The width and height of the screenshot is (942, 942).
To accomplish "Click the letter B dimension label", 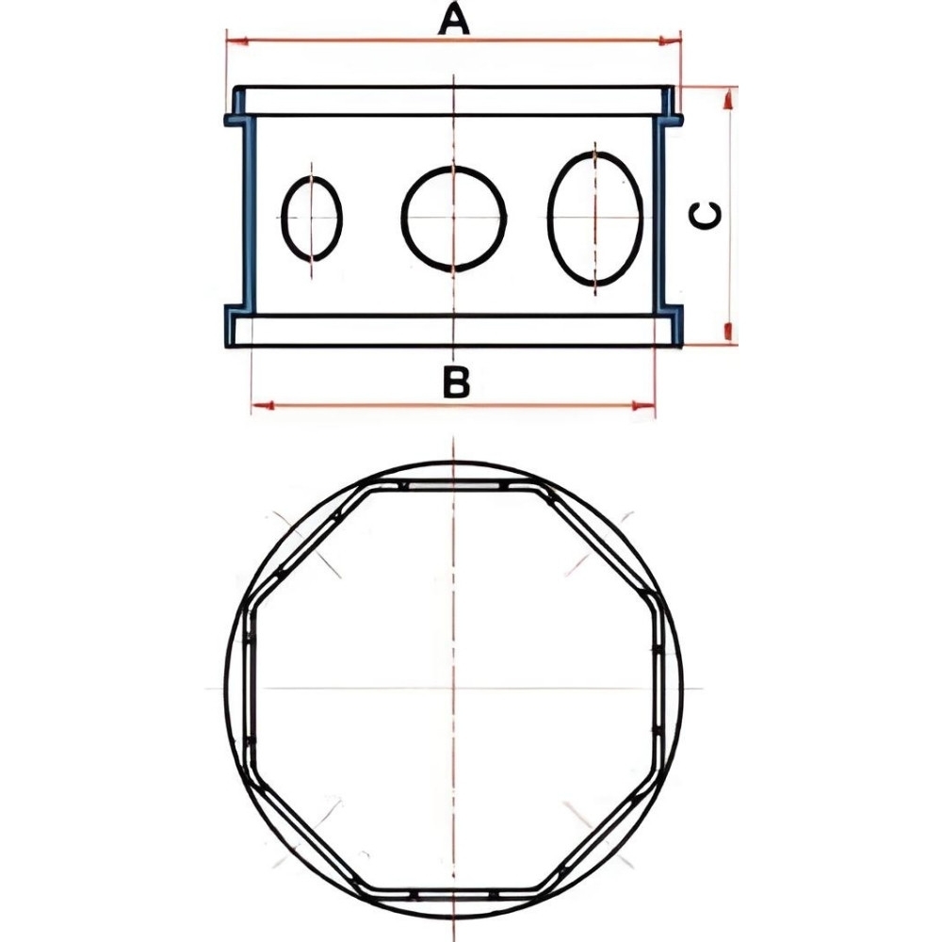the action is [x=456, y=382].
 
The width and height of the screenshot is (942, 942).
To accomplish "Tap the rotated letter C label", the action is [x=706, y=217].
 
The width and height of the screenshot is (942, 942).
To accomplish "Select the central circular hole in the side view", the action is [x=454, y=218].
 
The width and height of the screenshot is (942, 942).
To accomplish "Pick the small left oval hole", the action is [x=312, y=219].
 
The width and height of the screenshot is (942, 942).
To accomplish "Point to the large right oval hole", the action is [x=595, y=218].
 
